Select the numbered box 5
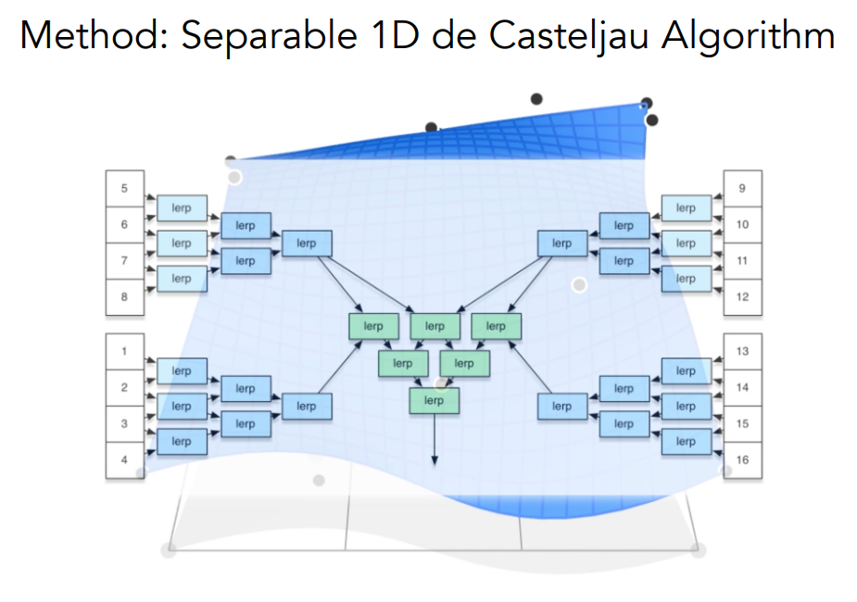point(124,189)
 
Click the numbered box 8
point(124,296)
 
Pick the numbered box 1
point(124,352)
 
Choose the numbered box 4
point(124,459)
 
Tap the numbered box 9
point(742,189)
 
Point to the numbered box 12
point(742,296)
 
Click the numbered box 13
point(742,352)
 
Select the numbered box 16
point(742,459)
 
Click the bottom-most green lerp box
point(434,400)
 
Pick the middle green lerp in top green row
point(435,326)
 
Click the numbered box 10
point(742,225)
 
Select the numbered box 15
point(742,423)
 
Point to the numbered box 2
point(124,388)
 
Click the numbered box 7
point(124,261)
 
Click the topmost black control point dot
point(536,98)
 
